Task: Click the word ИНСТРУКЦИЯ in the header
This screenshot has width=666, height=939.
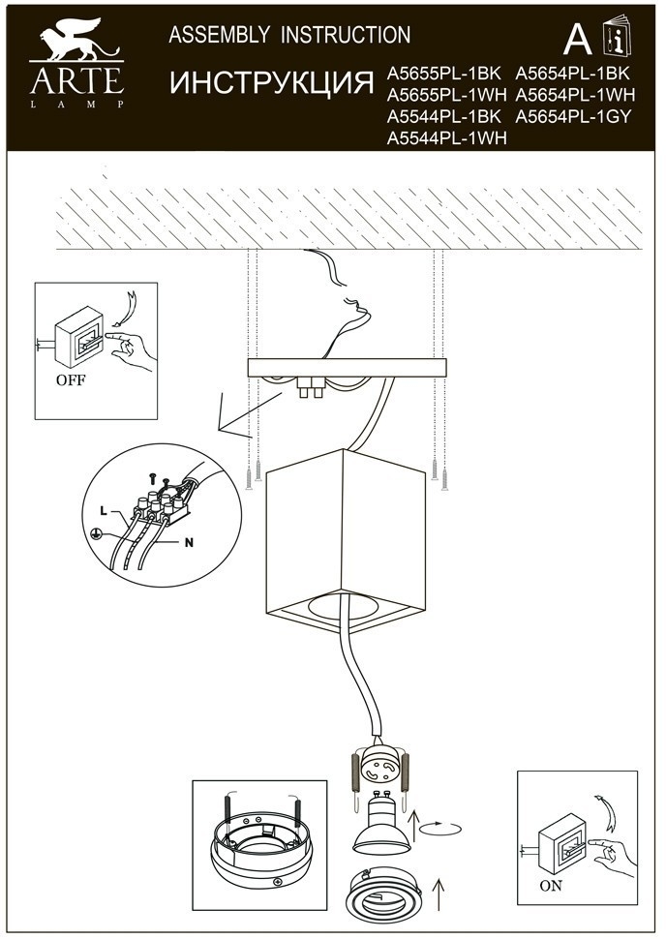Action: pos(272,82)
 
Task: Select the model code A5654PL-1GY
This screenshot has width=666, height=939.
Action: pos(573,116)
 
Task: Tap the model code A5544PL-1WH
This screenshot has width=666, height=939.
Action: pos(447,138)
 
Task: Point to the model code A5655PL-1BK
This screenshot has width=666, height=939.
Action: pos(443,73)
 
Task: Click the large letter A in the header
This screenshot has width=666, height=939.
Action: pos(577,40)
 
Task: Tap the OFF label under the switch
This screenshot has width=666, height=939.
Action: pos(71,379)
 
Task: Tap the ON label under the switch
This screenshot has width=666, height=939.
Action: pos(551,885)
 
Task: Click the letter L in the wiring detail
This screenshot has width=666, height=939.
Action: pos(104,511)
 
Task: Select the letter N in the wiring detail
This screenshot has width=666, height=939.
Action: pos(190,542)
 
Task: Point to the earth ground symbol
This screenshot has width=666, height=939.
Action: pos(95,533)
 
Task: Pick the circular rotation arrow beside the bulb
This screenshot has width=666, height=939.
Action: pos(440,829)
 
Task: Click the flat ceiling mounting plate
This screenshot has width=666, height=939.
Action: pos(348,368)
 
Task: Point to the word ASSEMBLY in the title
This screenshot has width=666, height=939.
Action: pos(219,35)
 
